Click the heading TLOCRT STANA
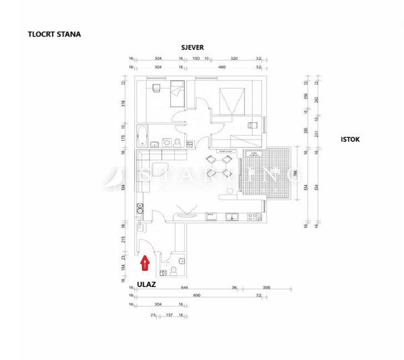pos(54,34)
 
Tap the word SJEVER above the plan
pos(192,48)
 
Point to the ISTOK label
pos(350,140)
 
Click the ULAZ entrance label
pos(146,285)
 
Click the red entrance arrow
pos(145,263)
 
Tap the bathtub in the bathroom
pos(141,135)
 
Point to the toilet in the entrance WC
pos(173,270)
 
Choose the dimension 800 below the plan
pos(196,295)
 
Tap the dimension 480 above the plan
pos(222,67)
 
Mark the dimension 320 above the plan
pos(233,58)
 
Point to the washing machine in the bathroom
pos(166,142)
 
